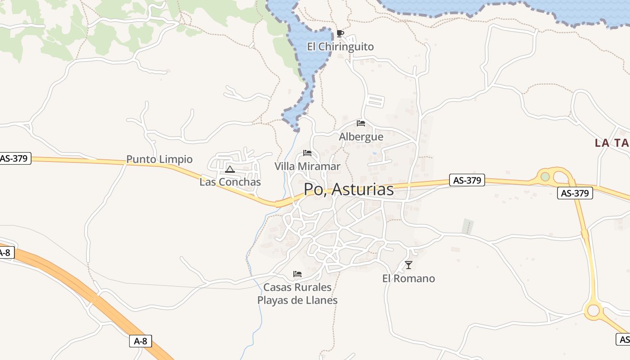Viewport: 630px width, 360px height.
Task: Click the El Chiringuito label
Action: [x=340, y=47]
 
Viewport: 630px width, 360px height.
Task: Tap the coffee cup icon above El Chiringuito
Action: [x=340, y=33]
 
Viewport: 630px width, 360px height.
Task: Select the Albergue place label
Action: [x=361, y=137]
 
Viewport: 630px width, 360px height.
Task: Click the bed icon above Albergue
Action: [x=361, y=123]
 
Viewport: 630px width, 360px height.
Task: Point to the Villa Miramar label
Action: [x=307, y=166]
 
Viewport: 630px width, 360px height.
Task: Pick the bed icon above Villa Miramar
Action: [x=307, y=153]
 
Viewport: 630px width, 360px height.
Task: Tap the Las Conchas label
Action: [x=230, y=182]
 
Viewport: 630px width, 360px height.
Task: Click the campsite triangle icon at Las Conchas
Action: [x=230, y=169]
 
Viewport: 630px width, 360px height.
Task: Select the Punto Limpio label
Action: [x=159, y=159]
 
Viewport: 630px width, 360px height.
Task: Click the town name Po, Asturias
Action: [x=349, y=189]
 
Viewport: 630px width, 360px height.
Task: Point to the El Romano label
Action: [x=409, y=279]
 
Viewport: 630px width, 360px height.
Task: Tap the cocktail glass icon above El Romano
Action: [x=409, y=265]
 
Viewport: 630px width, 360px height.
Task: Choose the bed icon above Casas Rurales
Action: [x=297, y=274]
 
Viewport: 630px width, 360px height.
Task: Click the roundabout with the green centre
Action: [x=545, y=176]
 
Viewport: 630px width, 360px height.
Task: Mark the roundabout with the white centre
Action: [x=594, y=310]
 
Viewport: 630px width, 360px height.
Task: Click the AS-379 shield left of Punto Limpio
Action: [x=15, y=158]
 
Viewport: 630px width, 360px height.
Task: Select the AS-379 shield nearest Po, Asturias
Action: [x=467, y=180]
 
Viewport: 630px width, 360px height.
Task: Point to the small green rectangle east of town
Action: [x=468, y=226]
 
